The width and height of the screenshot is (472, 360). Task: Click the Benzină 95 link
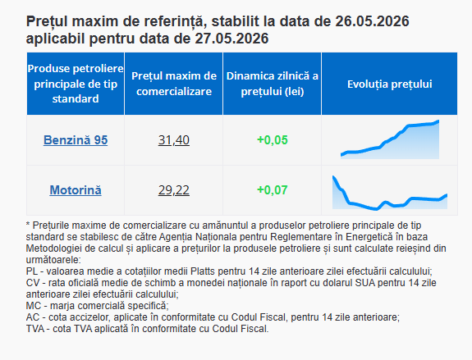click(76, 140)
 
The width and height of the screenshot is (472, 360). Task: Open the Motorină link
click(76, 190)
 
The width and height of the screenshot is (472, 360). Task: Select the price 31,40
click(174, 140)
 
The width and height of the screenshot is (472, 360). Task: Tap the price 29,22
click(174, 190)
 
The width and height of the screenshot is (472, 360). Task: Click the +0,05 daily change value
click(273, 140)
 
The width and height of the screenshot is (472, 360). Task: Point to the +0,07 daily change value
click(273, 190)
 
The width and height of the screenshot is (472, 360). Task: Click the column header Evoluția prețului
click(390, 84)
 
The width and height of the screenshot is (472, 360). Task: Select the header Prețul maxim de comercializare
click(174, 84)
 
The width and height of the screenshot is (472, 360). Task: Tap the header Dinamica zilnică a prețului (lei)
click(273, 84)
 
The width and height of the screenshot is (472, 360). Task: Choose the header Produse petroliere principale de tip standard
click(76, 84)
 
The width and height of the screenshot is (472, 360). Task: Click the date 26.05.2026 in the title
click(372, 21)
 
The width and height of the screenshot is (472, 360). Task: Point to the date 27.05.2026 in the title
click(231, 39)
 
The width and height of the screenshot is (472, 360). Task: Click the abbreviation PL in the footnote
click(32, 271)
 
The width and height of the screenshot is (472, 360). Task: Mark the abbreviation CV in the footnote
click(32, 283)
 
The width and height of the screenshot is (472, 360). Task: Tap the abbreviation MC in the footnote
click(33, 306)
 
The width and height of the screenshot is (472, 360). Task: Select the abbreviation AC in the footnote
click(33, 317)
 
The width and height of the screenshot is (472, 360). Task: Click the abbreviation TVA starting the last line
click(35, 329)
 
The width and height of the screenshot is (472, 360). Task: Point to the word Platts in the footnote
click(203, 271)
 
